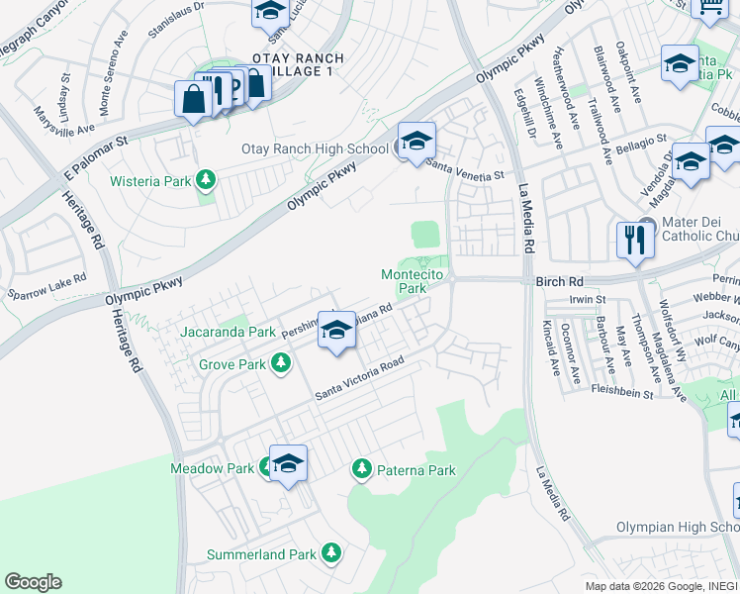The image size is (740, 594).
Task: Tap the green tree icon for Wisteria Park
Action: (x=206, y=180)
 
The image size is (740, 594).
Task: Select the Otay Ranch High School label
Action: (x=316, y=149)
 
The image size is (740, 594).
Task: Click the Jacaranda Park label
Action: (x=228, y=333)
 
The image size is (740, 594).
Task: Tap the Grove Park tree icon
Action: (x=281, y=364)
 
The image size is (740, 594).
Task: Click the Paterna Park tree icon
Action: (x=361, y=468)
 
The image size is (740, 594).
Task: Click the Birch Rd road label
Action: (x=560, y=282)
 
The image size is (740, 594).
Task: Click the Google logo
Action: (x=33, y=582)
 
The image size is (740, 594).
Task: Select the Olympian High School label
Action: (x=678, y=527)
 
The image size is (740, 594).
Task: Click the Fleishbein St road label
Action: (x=621, y=393)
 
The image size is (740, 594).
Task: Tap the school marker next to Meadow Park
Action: (x=288, y=464)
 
